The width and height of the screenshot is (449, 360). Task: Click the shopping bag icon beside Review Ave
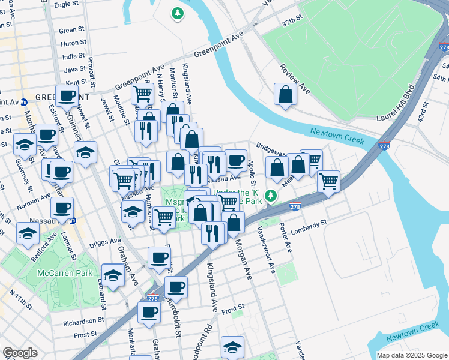click(x=285, y=95)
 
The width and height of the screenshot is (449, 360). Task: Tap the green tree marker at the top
click(x=178, y=13)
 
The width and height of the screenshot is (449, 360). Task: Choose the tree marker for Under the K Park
click(x=271, y=196)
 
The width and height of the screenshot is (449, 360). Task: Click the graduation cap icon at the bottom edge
click(x=232, y=347)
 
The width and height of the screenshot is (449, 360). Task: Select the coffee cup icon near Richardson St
click(x=149, y=312)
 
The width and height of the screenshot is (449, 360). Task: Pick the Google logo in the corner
click(x=20, y=353)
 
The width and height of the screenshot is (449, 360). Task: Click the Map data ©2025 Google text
click(x=412, y=355)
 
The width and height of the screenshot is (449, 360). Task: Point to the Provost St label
click(x=91, y=72)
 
